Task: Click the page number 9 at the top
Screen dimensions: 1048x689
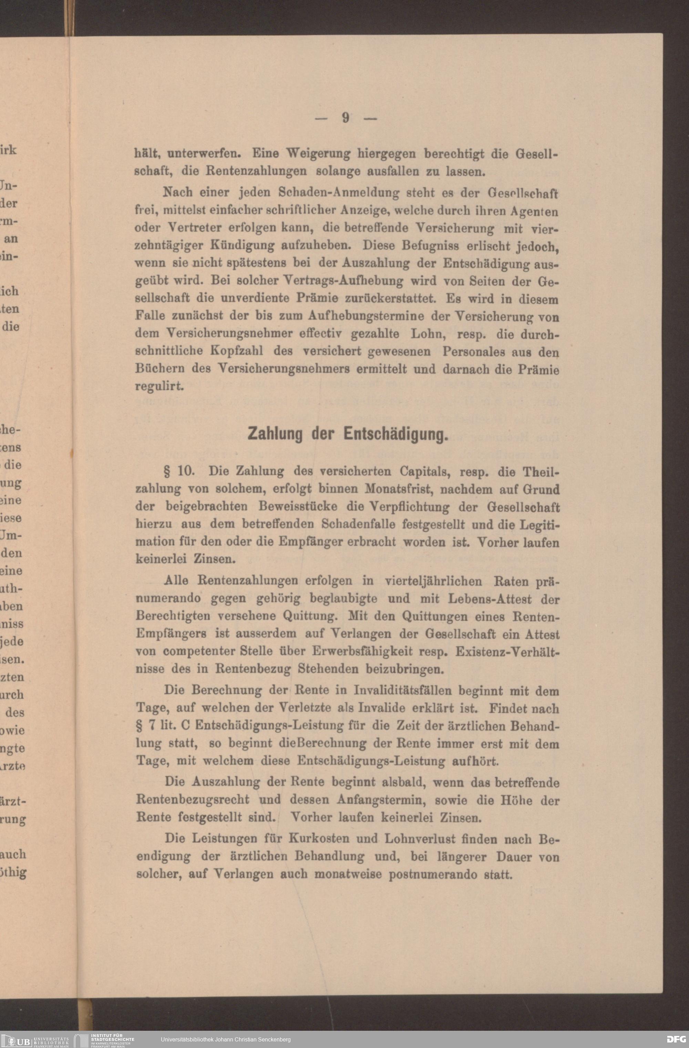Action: (346, 118)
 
